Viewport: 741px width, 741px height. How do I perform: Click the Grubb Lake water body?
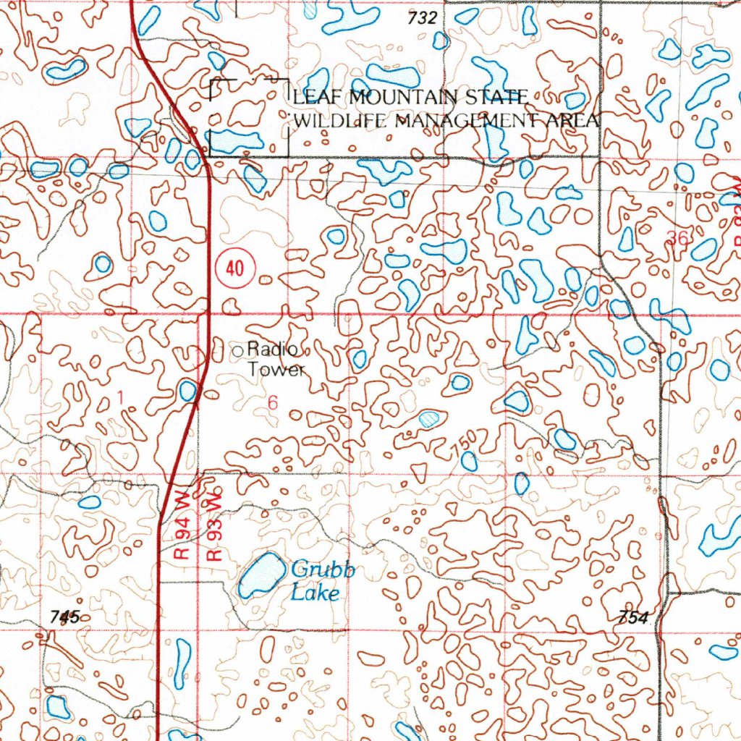261,575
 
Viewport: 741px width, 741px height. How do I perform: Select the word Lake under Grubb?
316,593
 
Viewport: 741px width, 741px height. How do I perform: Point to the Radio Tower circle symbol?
240,351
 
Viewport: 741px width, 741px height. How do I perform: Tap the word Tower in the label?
277,370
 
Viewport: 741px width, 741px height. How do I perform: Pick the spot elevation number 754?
635,617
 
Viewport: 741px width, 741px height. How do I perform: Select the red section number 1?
121,397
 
